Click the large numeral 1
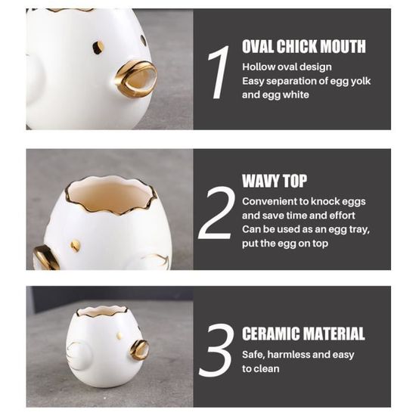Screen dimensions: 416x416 (219, 72)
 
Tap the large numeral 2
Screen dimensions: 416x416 (216, 213)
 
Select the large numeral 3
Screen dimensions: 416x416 (216, 350)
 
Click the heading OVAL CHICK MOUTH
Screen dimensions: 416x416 (304, 46)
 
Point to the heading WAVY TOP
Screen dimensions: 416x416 (275, 182)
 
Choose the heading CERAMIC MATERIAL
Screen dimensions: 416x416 (303, 334)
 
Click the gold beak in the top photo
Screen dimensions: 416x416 (136, 79)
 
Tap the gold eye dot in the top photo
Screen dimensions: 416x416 (98, 47)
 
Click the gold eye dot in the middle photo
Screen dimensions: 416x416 (75, 245)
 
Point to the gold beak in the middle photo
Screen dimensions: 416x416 (45, 258)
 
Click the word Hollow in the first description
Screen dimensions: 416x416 (258, 67)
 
